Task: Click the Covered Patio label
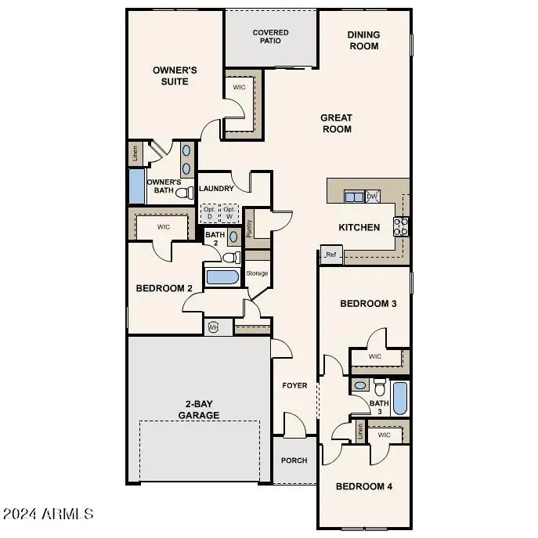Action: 270,37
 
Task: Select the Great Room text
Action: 336,124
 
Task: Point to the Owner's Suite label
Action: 174,75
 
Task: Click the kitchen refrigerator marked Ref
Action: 330,255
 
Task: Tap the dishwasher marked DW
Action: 373,197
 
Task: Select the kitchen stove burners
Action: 400,226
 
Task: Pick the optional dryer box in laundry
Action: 209,213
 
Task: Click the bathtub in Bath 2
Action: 222,277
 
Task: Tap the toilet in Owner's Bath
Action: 185,192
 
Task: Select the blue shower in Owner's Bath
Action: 136,186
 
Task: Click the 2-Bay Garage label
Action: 198,410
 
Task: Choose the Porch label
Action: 294,460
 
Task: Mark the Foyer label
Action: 294,385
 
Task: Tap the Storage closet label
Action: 257,273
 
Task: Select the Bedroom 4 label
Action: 364,486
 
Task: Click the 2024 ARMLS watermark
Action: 49,515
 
